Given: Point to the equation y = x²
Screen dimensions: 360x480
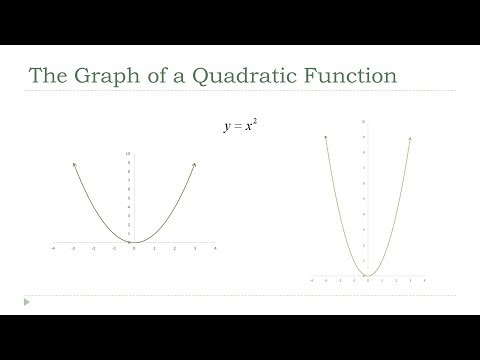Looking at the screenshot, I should pyautogui.click(x=233, y=128).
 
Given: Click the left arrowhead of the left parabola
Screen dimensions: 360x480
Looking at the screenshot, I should pyautogui.click(x=73, y=164).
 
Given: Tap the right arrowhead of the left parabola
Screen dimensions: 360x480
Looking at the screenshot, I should pyautogui.click(x=194, y=164).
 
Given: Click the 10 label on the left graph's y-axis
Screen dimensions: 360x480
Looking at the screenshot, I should pyautogui.click(x=128, y=154).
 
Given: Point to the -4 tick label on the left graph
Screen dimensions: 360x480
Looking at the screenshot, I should pyautogui.click(x=52, y=249).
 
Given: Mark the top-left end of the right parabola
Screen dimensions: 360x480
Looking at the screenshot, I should pyautogui.click(x=326, y=137).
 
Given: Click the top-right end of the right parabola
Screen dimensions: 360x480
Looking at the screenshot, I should pyautogui.click(x=411, y=137).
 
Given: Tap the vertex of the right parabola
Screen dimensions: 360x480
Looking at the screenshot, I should pyautogui.click(x=368, y=275).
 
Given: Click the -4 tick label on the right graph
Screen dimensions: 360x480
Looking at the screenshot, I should pyautogui.click(x=313, y=281).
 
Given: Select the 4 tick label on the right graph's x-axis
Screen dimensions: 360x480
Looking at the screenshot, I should pyautogui.click(x=425, y=281).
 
